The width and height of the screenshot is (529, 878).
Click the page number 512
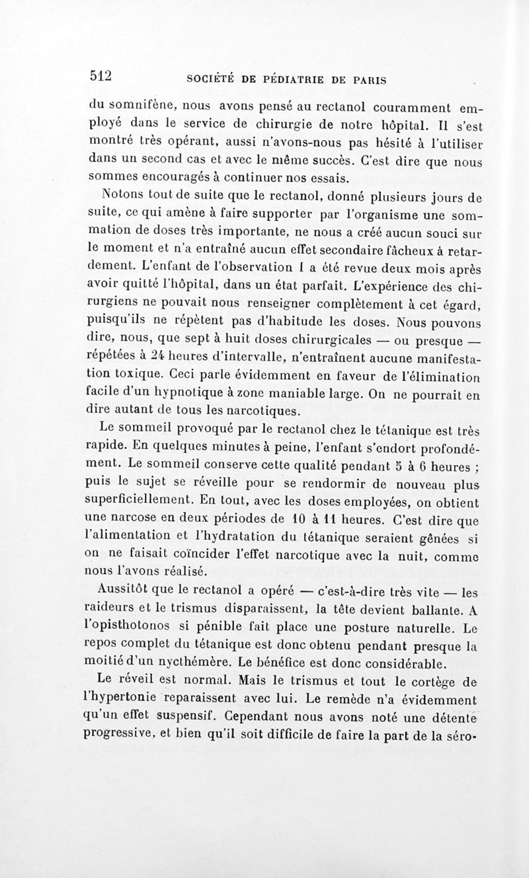[102, 75]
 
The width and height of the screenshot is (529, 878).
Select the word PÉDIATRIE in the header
[303, 80]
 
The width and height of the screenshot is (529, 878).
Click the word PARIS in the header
[368, 80]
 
